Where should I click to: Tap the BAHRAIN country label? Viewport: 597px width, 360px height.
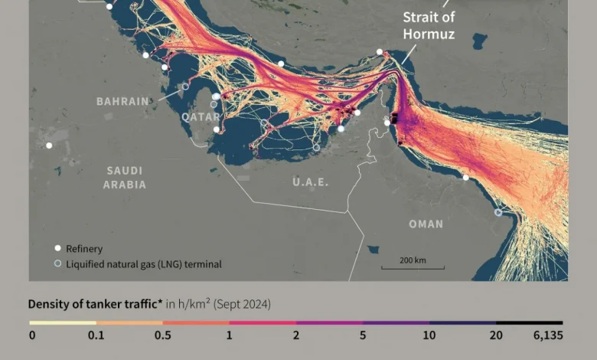(122, 101)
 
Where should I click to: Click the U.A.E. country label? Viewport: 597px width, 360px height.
(310, 182)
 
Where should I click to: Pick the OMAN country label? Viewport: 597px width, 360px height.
(426, 224)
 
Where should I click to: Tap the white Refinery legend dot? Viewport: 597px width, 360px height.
(57, 248)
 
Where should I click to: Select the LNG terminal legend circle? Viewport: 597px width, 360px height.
(57, 264)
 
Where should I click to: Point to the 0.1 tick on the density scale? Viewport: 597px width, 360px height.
(96, 335)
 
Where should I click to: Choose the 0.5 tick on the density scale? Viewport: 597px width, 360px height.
(162, 335)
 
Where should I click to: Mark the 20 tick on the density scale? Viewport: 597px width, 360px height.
(496, 335)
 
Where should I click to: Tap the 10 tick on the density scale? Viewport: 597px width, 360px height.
(429, 335)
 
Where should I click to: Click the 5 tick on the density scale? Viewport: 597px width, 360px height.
(363, 335)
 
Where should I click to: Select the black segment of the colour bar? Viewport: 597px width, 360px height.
(529, 323)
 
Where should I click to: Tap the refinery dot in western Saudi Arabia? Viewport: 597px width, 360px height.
(49, 145)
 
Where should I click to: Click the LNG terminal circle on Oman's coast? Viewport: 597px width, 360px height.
(499, 213)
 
